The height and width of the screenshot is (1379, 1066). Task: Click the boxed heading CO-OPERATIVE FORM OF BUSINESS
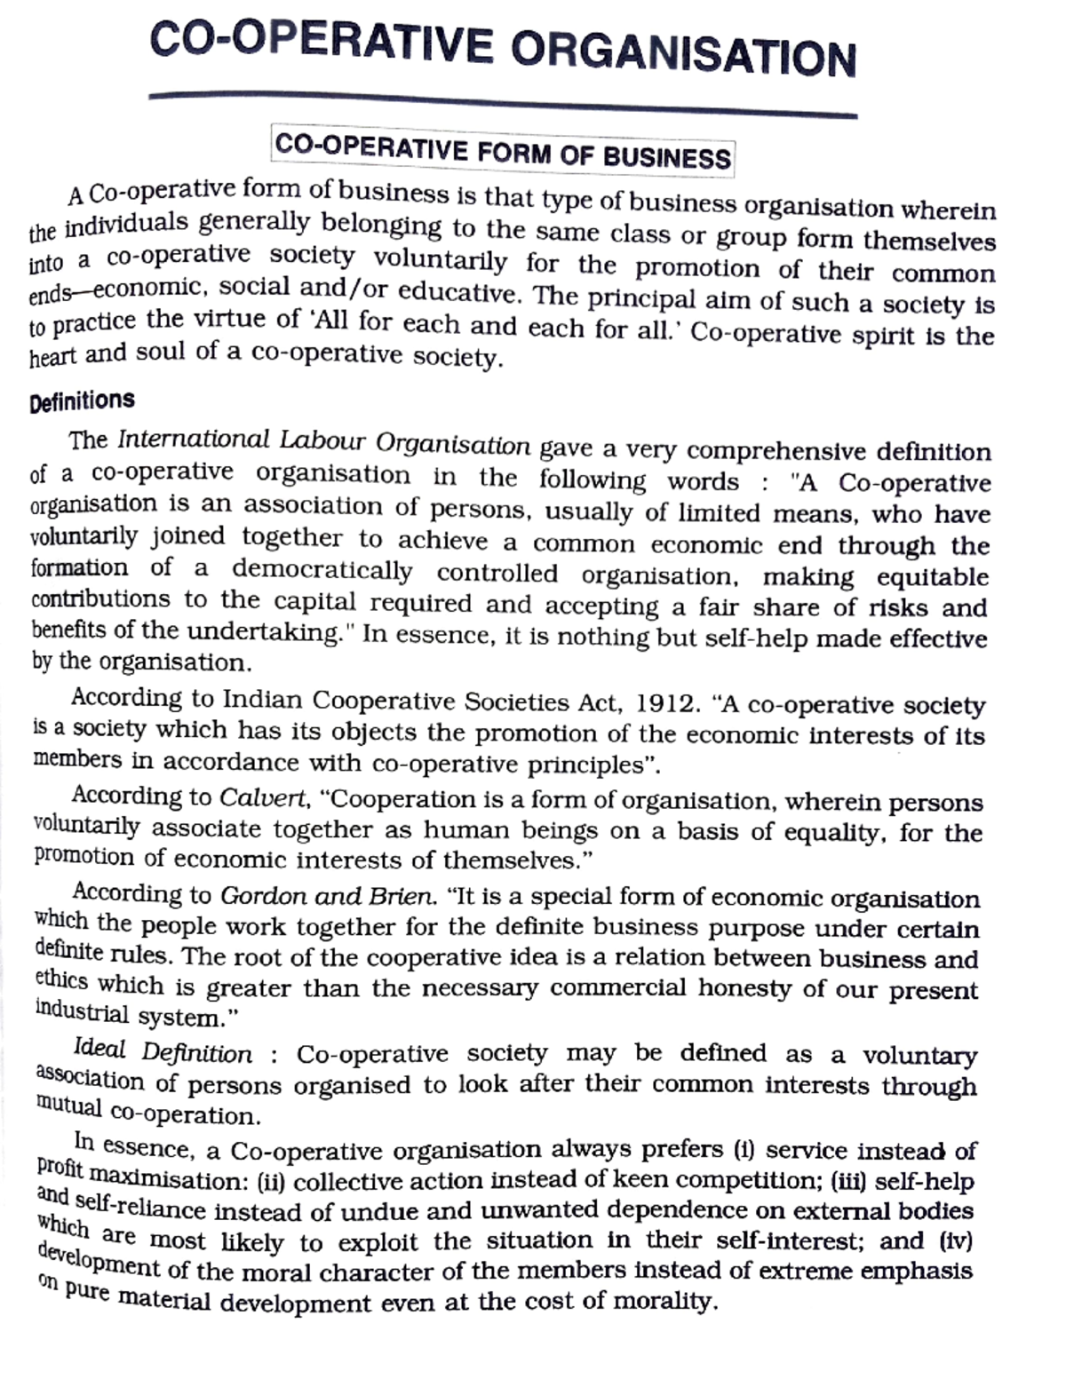[503, 151]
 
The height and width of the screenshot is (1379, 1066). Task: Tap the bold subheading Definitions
[82, 401]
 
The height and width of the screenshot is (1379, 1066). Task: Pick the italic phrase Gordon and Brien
[328, 895]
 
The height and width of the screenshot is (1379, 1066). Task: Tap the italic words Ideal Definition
[163, 1051]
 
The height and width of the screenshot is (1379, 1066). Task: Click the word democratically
[322, 570]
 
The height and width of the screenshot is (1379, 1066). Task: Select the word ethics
[61, 980]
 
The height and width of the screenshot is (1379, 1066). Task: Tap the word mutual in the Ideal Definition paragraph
[69, 1106]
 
